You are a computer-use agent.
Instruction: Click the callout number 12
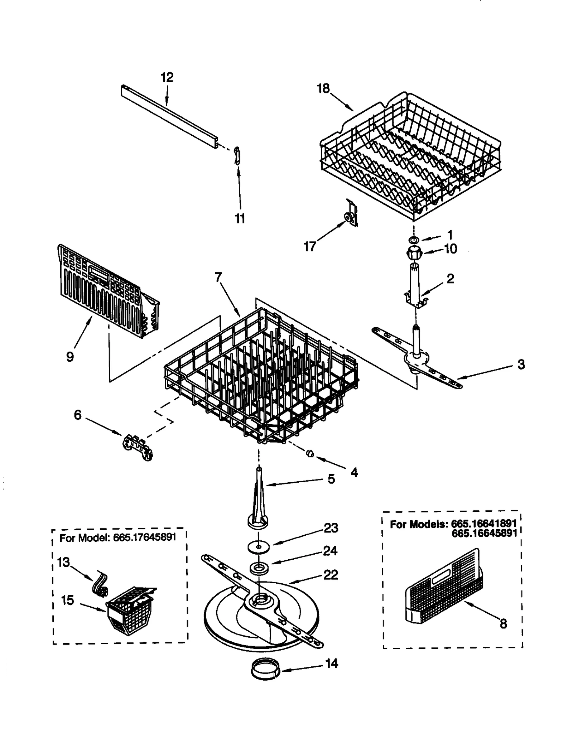point(167,77)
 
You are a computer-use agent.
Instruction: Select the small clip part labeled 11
point(237,155)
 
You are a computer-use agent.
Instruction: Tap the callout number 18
point(323,88)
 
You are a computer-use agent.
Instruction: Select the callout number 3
point(521,364)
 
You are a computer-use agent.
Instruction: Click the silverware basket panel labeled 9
point(104,290)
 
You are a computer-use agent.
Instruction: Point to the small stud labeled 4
point(310,454)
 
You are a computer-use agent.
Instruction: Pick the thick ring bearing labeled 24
point(258,568)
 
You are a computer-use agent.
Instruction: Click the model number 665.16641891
point(483,524)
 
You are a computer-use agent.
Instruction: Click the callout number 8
point(503,624)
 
